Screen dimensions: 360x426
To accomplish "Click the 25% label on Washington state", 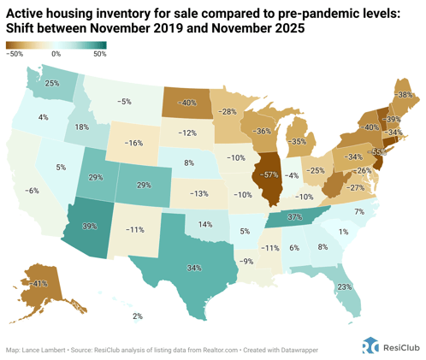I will coord(52,84).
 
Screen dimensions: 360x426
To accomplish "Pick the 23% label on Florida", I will coord(344,287).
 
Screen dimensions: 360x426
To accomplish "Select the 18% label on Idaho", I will coord(82,127).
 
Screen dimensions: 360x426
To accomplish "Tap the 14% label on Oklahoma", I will coord(205,224).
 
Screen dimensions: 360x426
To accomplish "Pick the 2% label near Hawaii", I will coord(137,317).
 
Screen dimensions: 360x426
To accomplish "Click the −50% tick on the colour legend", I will coord(15,53).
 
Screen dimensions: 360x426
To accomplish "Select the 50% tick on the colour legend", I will coord(99,53).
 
